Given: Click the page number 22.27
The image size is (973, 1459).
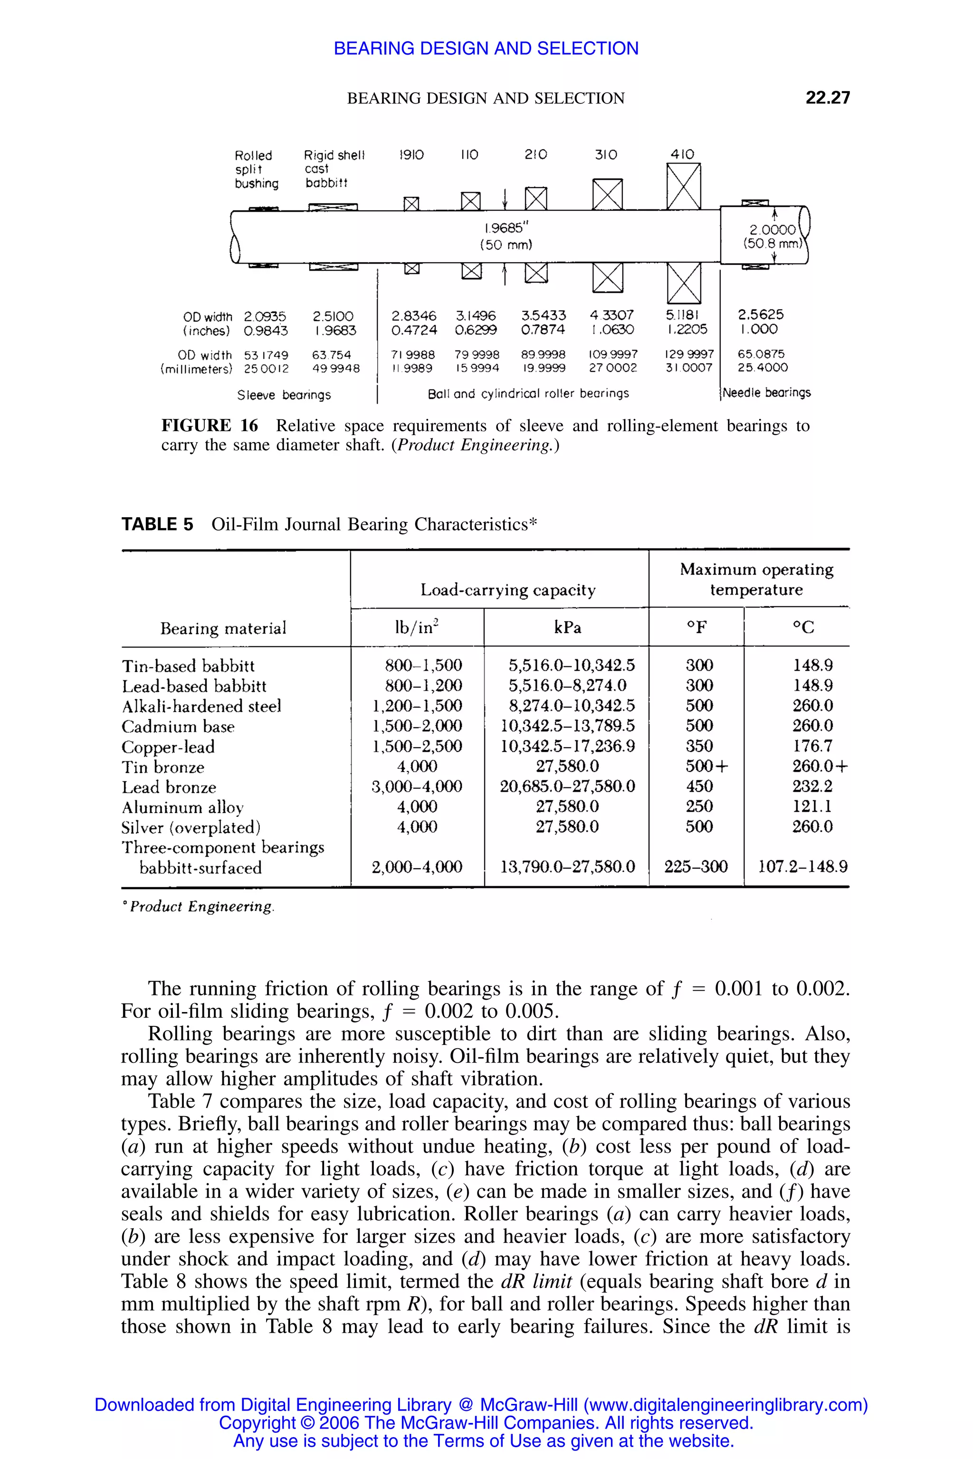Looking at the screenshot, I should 827,97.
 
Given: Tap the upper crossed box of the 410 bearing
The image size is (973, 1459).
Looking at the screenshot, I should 683,186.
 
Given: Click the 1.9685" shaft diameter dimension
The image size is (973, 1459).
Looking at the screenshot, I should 506,228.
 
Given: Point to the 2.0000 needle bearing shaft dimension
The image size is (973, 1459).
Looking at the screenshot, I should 772,229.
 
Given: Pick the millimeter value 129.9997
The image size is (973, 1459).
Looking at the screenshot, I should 689,354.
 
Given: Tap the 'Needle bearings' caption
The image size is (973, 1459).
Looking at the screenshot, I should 766,393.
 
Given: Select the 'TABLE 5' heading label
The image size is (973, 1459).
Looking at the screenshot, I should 157,524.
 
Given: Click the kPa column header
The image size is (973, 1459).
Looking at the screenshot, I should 567,628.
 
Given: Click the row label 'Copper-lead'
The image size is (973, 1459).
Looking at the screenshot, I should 168,747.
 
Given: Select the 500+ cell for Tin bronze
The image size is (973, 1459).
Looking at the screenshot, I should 706,767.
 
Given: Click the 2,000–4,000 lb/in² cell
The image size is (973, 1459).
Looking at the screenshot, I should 417,867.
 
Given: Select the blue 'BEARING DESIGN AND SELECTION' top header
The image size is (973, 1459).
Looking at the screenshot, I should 486,48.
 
